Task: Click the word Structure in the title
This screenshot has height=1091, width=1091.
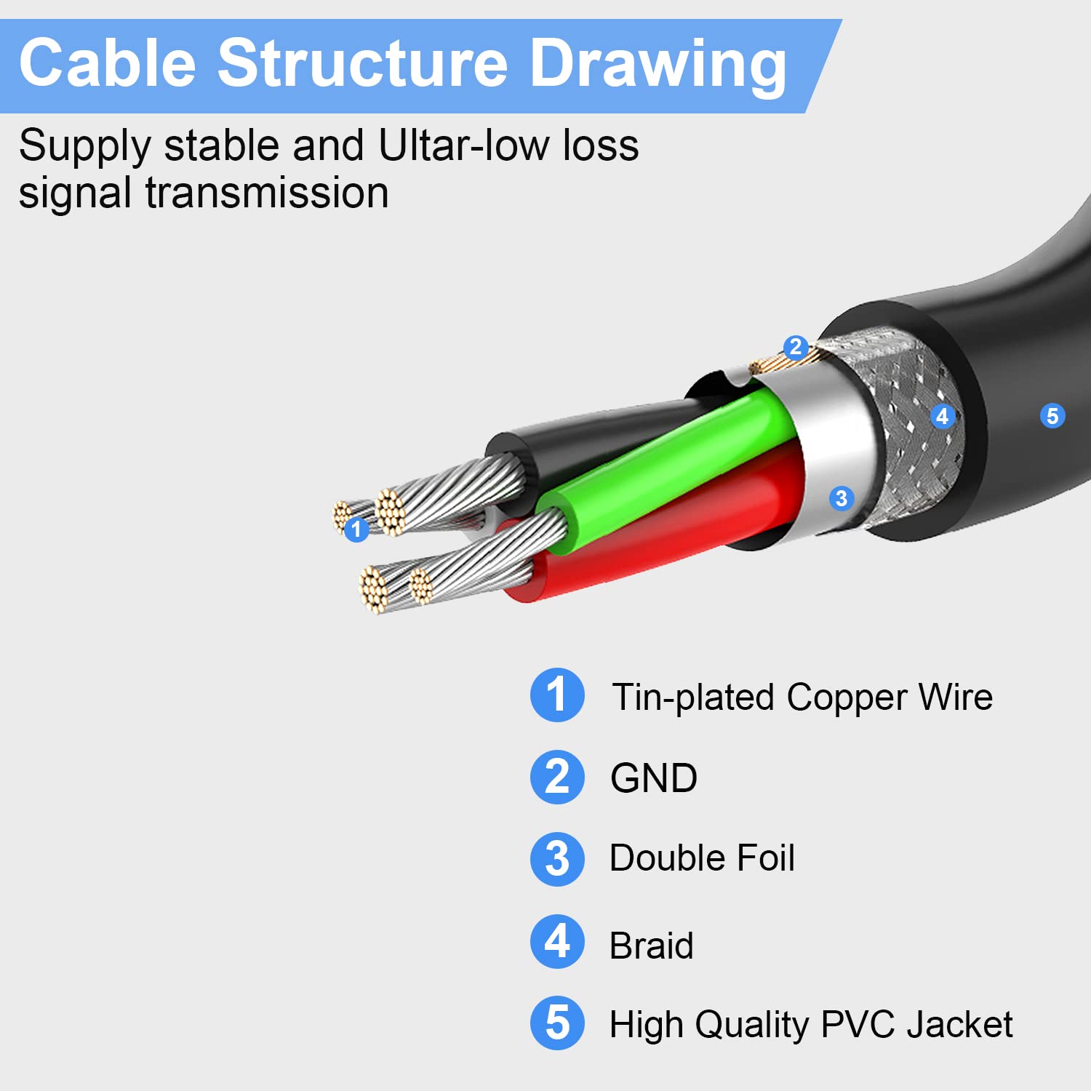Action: [x=361, y=63]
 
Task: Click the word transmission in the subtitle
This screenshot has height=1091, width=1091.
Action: [x=267, y=193]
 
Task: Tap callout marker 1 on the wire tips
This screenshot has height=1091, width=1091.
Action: [x=356, y=529]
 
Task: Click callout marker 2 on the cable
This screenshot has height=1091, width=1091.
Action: [x=796, y=347]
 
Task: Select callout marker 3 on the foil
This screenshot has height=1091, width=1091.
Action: [x=842, y=498]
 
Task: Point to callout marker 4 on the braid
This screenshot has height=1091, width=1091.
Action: [x=943, y=416]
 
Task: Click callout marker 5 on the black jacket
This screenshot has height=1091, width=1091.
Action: [x=1052, y=416]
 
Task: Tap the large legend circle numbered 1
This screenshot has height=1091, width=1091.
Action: [x=557, y=695]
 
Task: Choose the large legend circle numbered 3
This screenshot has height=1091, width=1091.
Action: [x=557, y=859]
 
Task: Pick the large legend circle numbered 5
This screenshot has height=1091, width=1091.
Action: [x=557, y=1023]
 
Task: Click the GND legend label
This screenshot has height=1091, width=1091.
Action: [x=654, y=778]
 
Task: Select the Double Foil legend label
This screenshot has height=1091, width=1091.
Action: [x=702, y=858]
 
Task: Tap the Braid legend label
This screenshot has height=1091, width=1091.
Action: [x=651, y=946]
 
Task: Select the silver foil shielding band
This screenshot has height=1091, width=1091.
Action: [x=836, y=451]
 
